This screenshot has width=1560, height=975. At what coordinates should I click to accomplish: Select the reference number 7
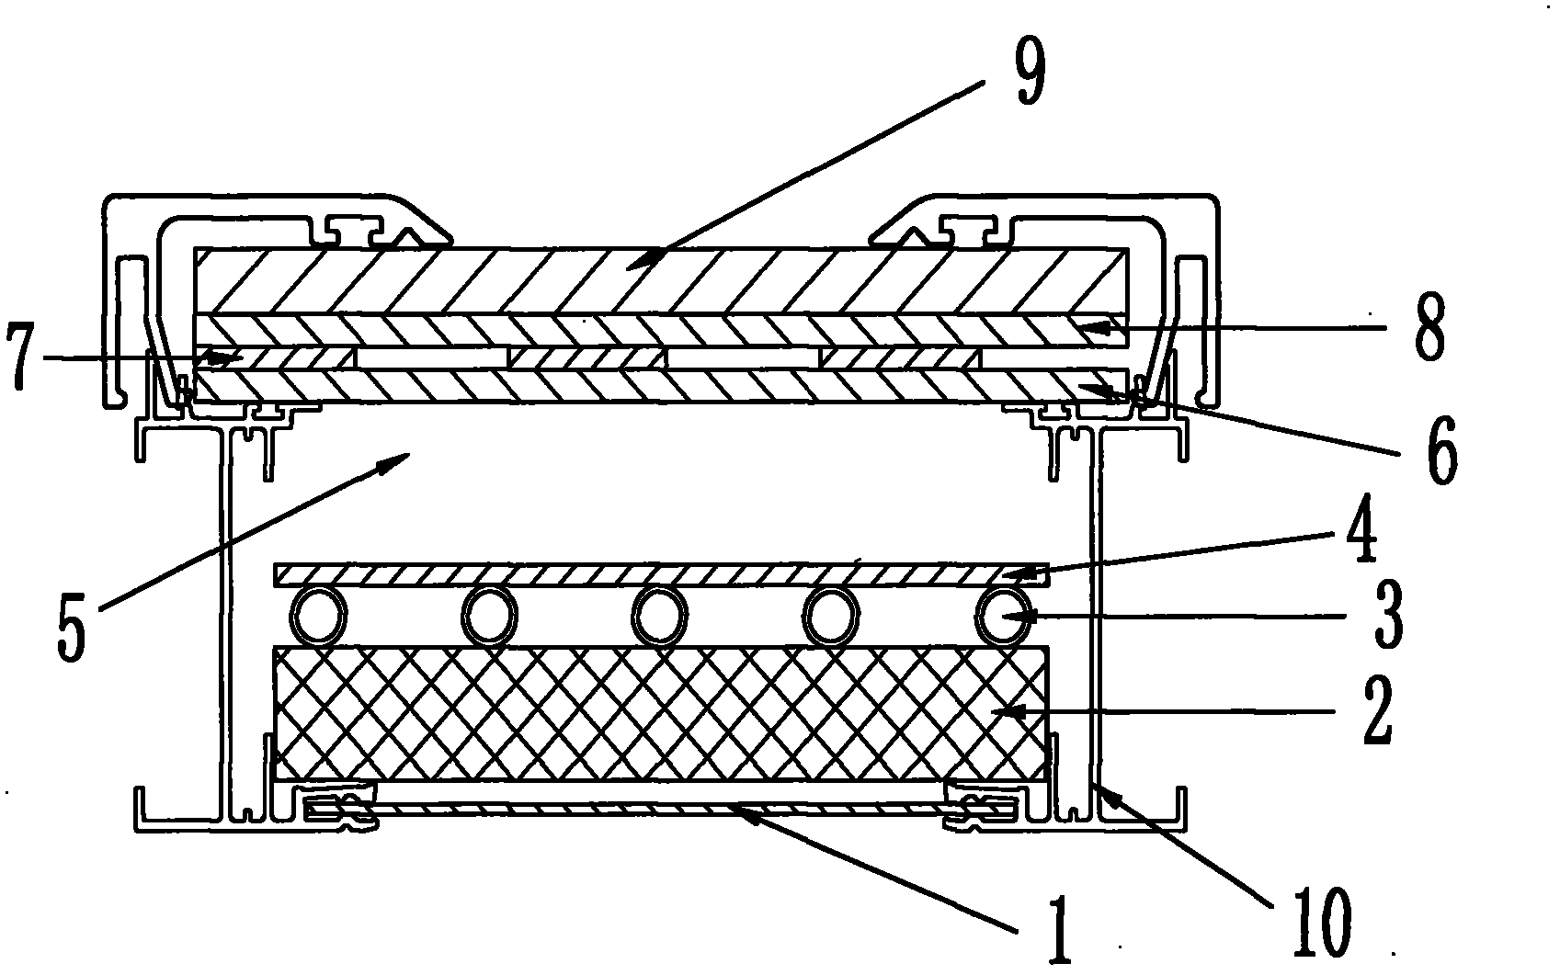coord(20,357)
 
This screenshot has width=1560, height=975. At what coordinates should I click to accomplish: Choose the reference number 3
coord(1388,616)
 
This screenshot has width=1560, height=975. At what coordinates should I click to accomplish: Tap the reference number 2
coord(1377,711)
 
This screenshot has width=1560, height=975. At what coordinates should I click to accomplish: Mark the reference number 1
coord(1058,930)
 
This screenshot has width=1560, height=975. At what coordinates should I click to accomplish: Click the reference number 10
coord(1321,923)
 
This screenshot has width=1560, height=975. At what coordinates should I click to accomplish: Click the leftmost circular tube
coord(318,617)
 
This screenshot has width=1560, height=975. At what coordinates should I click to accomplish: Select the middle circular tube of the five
coord(659,617)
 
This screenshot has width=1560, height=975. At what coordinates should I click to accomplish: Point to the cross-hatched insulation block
coord(661,714)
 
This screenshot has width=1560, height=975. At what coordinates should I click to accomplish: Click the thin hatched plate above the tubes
coord(661,575)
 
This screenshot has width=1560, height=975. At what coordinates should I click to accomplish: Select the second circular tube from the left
coord(489,617)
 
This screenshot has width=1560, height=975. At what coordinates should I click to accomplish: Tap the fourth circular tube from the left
coord(830,617)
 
